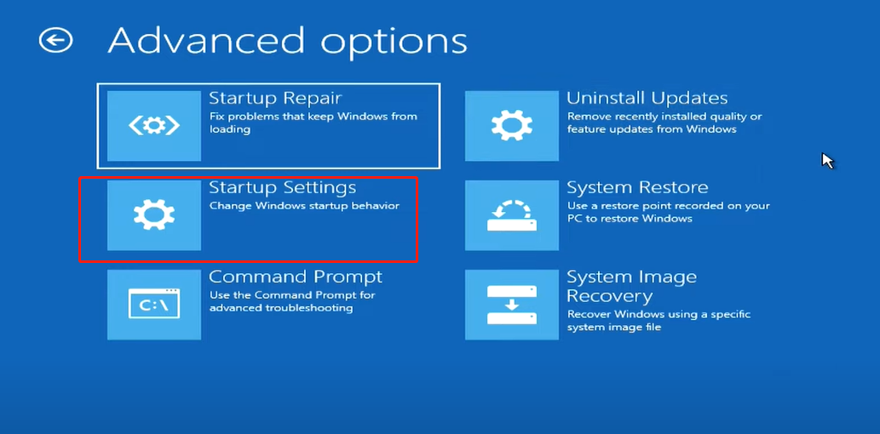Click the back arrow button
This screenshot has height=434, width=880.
55,40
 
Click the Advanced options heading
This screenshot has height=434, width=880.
287,41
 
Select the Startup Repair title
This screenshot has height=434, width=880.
275,98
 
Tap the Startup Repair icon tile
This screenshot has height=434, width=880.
154,126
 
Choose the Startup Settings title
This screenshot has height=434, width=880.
282,187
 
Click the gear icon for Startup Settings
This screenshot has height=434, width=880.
154,214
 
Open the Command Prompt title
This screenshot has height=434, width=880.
296,277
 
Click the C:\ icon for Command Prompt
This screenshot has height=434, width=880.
154,304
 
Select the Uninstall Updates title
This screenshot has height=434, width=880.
647,98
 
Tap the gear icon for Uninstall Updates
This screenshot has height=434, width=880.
512,126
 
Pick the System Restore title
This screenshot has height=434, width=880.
637,187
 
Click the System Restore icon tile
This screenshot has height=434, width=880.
512,214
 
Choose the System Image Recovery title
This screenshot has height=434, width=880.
632,286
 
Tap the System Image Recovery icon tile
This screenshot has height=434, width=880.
512,304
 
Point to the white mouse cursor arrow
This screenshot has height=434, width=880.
827,160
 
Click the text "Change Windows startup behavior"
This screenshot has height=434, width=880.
304,206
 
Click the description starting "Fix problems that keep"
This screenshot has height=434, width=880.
313,123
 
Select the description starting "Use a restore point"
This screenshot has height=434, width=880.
669,212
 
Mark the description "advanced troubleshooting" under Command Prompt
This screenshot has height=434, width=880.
281,308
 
